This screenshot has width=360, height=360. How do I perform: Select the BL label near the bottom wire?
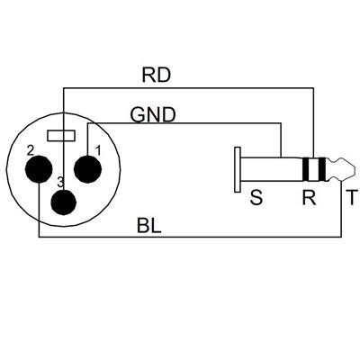pos(149,223)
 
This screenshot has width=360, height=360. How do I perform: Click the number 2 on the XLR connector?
pos(30,149)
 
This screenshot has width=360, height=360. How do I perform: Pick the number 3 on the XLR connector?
pos(60,183)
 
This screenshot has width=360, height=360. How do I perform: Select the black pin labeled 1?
pos(87,168)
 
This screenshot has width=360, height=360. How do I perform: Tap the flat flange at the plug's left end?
pos(237,169)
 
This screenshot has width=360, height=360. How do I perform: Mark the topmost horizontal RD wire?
pos(189,88)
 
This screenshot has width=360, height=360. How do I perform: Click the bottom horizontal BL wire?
pos(189,238)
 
